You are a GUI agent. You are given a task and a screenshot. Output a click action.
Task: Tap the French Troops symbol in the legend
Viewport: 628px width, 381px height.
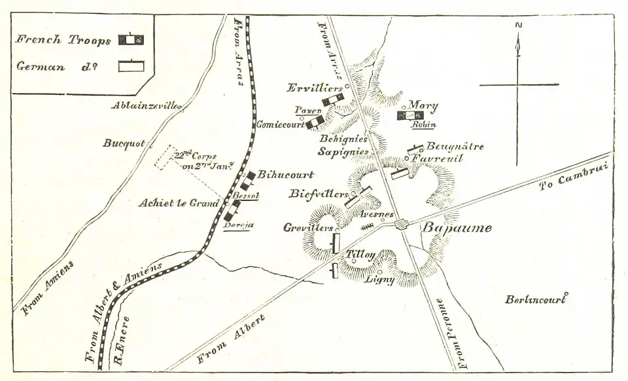coord(130,39)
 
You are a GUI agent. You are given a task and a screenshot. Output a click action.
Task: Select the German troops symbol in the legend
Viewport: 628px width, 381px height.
coord(131,66)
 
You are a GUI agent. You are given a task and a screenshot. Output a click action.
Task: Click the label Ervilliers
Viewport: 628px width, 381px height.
coord(314,88)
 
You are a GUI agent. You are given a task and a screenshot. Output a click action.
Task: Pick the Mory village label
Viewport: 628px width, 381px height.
coord(423,105)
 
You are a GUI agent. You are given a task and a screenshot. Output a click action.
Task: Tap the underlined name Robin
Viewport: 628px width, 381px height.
coord(423,124)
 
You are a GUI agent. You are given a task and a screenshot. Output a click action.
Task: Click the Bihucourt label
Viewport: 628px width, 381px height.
coord(286,175)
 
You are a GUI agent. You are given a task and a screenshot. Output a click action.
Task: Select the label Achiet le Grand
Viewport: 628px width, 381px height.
coord(177,203)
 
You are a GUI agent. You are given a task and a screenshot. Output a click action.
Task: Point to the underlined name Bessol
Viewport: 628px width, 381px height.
coord(247,195)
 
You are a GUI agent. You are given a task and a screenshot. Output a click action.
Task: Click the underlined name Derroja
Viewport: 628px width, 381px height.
coord(238,225)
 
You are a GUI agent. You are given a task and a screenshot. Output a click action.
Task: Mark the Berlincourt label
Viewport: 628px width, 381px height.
coord(534,299)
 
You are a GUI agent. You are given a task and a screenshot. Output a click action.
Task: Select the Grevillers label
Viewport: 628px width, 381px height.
coord(308,228)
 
